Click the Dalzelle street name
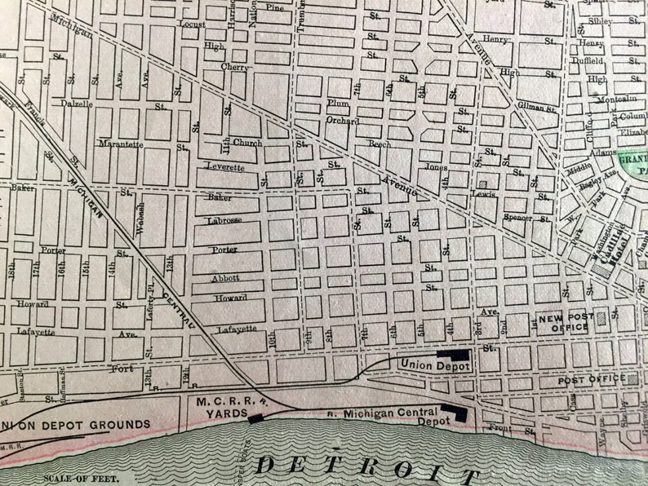(x=77, y=104)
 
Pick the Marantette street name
(x=122, y=144)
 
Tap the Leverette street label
(x=224, y=167)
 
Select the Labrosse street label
(x=225, y=219)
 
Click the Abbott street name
(x=225, y=277)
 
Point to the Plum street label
(x=337, y=103)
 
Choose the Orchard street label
(x=343, y=121)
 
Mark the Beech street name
(x=379, y=144)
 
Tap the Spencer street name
(x=518, y=219)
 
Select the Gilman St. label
(x=536, y=107)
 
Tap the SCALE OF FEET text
(x=69, y=479)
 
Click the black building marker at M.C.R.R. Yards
(x=255, y=418)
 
